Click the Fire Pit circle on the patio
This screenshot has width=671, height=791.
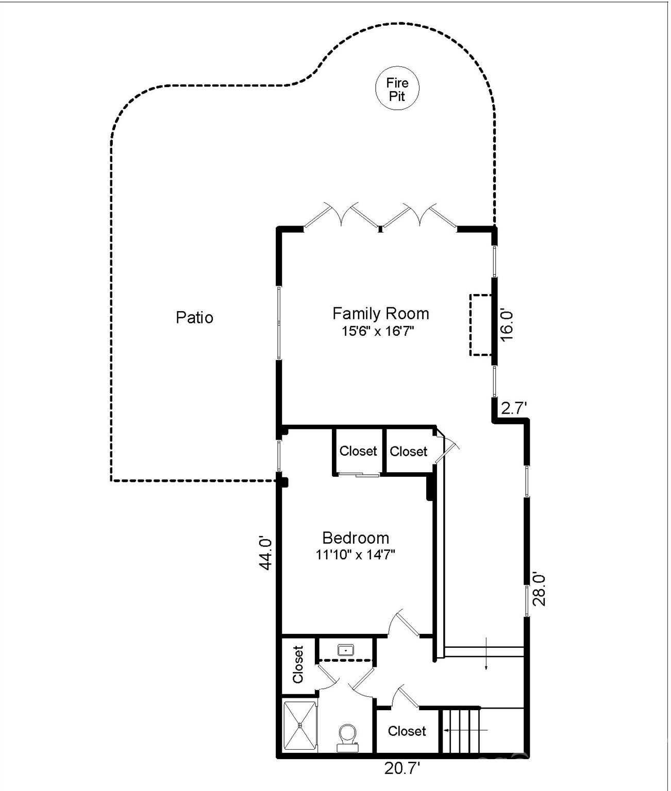pos(397,88)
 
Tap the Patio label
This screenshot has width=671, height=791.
pos(194,318)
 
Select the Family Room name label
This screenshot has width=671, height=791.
pos(380,314)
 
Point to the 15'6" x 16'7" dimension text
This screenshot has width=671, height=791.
pos(378,331)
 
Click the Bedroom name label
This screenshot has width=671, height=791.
pos(356,538)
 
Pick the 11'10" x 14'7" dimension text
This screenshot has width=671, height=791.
pos(355,555)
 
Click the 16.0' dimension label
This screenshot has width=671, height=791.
pos(506,325)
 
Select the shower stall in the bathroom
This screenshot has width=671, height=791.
pos(300,726)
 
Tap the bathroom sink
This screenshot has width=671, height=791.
pos(345,650)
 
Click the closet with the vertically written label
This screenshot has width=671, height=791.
pos(298,665)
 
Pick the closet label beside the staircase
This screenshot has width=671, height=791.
pos(407,731)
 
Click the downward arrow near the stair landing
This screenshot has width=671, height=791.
pos(486,654)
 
